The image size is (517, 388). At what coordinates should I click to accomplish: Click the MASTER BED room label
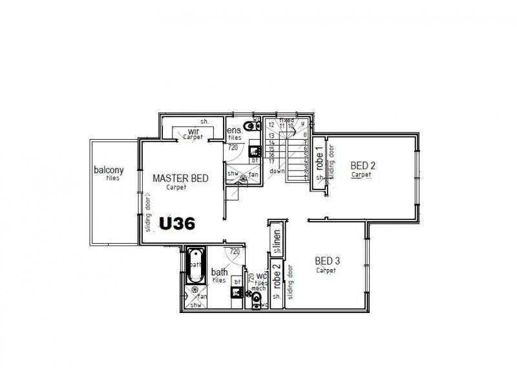(180, 178)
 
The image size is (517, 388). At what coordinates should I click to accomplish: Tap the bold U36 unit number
(178, 223)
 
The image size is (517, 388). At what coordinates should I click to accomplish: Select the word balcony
(109, 171)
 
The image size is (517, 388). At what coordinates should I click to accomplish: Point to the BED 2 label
(363, 165)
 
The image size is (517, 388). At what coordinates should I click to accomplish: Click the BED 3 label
(327, 261)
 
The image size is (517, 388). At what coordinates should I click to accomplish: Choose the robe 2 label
(276, 275)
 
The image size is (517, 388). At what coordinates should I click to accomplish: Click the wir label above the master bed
(193, 131)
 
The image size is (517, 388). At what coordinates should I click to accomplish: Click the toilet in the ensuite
(249, 126)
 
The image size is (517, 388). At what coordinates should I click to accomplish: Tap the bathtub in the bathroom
(195, 266)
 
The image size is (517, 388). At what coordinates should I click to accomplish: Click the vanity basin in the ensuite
(255, 153)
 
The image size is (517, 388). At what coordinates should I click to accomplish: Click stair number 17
(273, 161)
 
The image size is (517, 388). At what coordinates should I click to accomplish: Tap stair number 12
(272, 124)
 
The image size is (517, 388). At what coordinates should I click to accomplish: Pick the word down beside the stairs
(277, 171)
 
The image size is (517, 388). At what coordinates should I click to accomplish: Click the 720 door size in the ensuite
(233, 147)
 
